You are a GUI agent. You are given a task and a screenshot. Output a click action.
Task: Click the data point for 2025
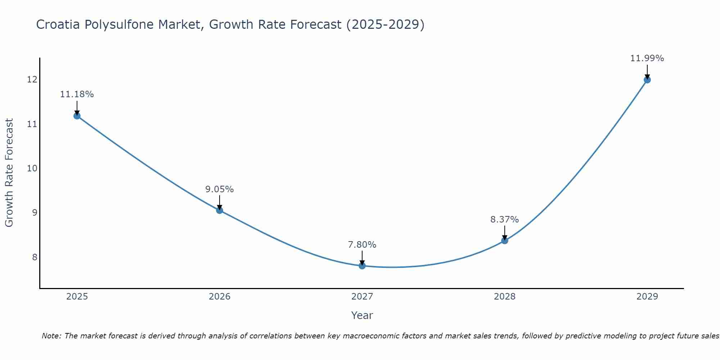tap(77, 116)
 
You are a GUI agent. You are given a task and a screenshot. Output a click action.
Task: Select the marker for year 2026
tap(220, 210)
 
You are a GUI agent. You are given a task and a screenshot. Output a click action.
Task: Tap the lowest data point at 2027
tap(362, 266)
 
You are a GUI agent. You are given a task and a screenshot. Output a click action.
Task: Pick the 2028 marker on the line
tap(505, 240)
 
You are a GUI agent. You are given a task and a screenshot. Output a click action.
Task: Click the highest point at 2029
tap(647, 80)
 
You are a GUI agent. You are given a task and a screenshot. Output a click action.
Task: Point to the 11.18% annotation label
tap(77, 94)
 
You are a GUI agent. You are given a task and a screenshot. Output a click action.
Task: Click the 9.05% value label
tap(220, 189)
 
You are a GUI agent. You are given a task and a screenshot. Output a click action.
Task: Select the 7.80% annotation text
tap(362, 244)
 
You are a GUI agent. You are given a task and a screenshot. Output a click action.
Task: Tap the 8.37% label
tap(505, 219)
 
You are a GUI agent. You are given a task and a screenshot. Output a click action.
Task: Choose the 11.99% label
tap(647, 58)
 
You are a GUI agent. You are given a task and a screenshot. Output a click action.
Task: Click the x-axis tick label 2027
tap(362, 297)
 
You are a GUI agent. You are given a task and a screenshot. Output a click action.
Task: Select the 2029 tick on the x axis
tap(647, 297)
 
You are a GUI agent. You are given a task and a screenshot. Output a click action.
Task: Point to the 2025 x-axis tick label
tap(77, 297)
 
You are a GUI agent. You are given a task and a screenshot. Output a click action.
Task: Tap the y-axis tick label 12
tap(32, 80)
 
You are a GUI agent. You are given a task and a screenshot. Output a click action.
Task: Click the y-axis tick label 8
tap(35, 257)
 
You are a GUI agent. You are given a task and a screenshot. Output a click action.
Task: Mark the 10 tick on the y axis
tap(32, 168)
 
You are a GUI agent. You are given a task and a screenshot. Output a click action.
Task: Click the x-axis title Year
tap(362, 315)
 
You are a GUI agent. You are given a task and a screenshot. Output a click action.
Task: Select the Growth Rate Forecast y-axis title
tap(9, 172)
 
